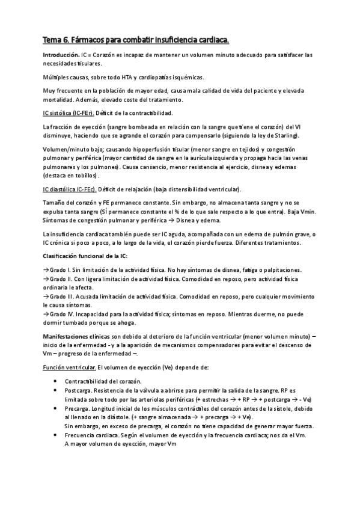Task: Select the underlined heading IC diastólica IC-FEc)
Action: [x=69, y=189]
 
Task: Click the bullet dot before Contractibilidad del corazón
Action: [x=56, y=381]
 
